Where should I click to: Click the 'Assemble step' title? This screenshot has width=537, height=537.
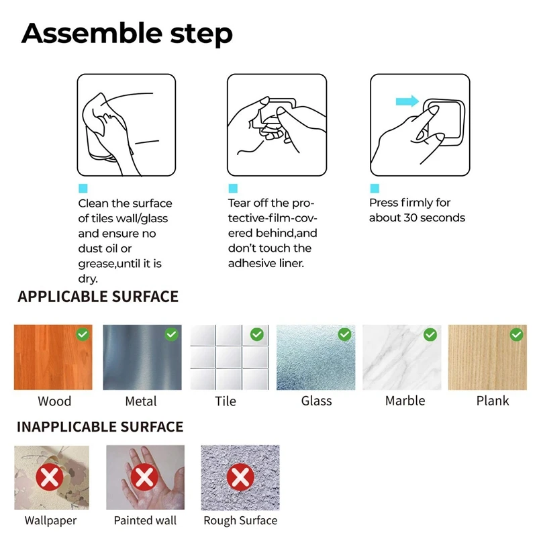(x=127, y=34)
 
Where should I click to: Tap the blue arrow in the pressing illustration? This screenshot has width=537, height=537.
(x=407, y=101)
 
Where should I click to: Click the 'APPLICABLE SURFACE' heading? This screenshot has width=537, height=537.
(x=98, y=297)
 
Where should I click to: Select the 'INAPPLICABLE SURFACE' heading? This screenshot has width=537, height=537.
(x=100, y=427)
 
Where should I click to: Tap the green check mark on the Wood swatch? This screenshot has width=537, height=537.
(x=83, y=334)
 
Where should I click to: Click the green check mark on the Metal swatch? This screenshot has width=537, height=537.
(x=172, y=334)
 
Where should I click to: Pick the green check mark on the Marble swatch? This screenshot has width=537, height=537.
(x=430, y=334)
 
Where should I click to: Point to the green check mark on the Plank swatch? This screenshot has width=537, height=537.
(x=516, y=334)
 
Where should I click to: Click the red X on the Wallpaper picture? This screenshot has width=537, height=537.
(x=50, y=477)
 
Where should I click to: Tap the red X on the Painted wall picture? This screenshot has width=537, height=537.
(x=144, y=477)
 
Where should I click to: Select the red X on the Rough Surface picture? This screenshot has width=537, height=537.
(x=240, y=477)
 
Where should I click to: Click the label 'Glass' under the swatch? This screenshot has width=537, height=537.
(x=316, y=401)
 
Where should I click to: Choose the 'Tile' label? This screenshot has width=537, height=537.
(x=226, y=401)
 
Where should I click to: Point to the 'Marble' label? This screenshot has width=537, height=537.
(x=405, y=401)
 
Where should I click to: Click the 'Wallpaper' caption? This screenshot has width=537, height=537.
(x=51, y=521)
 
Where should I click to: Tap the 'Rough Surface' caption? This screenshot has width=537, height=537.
(x=240, y=521)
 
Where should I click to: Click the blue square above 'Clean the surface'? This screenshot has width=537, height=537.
(x=83, y=189)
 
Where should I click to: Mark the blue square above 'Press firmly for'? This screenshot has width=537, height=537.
(x=375, y=189)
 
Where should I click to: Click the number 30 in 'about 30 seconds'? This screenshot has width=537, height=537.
(x=411, y=217)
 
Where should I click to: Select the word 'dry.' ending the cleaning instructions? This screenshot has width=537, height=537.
(x=88, y=279)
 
